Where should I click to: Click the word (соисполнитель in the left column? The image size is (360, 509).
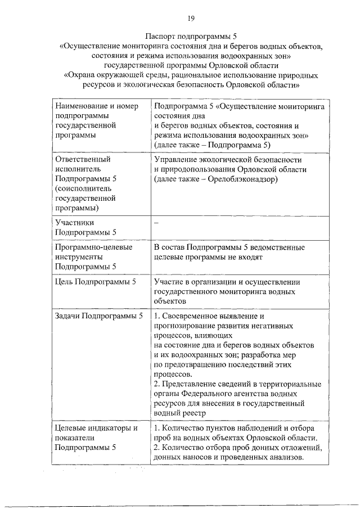[83, 188]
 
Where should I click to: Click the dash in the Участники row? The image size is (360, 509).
[156, 223]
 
